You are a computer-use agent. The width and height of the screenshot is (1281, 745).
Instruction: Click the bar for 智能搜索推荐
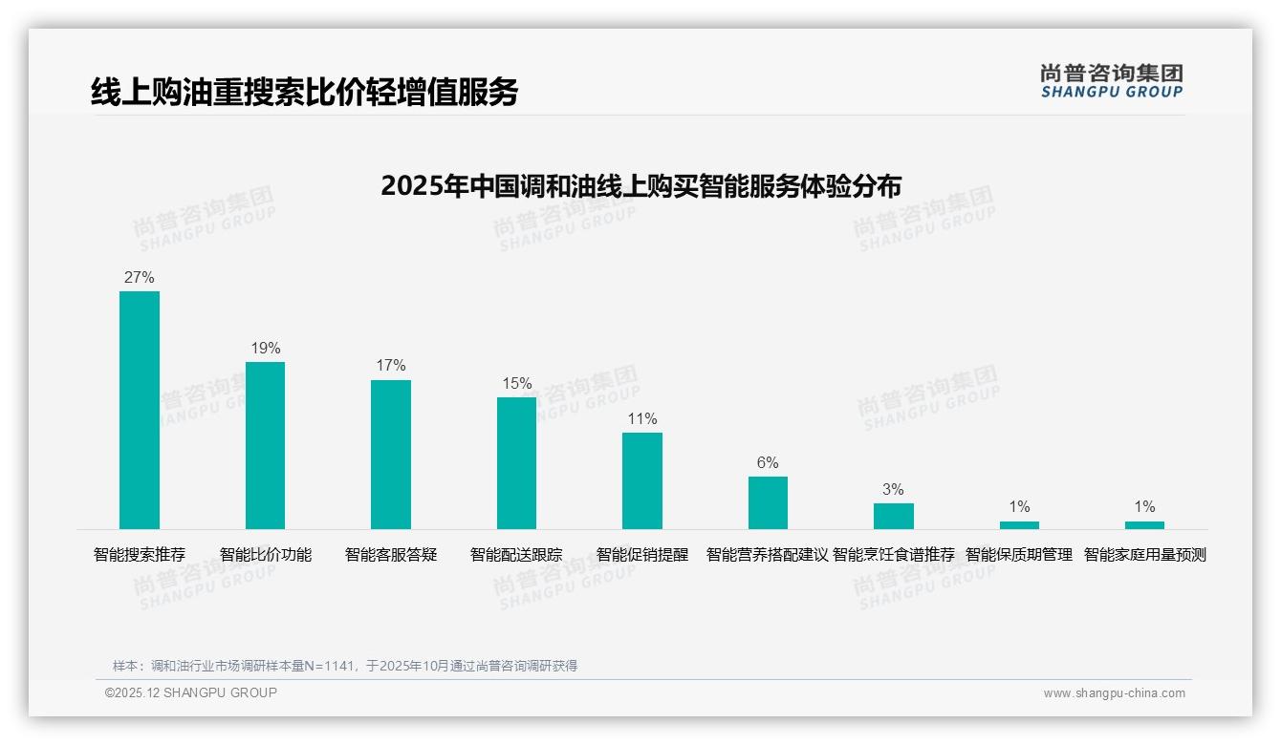coord(140,410)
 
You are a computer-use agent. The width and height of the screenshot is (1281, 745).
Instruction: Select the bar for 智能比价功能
coord(265,445)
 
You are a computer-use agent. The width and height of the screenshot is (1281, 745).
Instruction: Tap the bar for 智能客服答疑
coord(391,455)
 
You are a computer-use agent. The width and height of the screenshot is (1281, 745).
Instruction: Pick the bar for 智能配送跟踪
coord(516,463)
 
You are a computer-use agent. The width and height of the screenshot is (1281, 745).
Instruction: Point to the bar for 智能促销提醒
coord(642,480)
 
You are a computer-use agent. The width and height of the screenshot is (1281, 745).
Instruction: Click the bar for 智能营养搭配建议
coord(768,502)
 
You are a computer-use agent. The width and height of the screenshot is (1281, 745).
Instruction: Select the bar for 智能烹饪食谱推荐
coord(893,516)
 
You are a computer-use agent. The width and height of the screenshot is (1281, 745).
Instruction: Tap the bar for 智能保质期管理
coord(1019,524)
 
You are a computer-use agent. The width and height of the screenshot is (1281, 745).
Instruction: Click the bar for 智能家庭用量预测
coord(1144,524)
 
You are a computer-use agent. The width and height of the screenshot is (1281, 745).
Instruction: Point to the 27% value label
coord(140,278)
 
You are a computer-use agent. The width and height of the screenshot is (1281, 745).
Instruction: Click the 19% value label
coord(266,349)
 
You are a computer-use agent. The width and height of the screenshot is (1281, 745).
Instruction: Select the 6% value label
coord(768,463)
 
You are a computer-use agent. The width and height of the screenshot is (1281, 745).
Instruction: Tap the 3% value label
coord(893,490)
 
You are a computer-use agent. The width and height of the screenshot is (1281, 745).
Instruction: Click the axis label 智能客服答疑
coord(391,555)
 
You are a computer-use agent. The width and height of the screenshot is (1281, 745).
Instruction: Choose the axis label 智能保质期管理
coord(1019,555)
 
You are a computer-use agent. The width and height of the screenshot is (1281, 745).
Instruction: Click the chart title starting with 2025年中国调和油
coord(640,186)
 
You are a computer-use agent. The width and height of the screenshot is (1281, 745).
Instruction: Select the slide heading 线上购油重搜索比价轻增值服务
coord(304,92)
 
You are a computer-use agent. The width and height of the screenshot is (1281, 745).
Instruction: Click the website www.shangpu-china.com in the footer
coord(1114,693)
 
